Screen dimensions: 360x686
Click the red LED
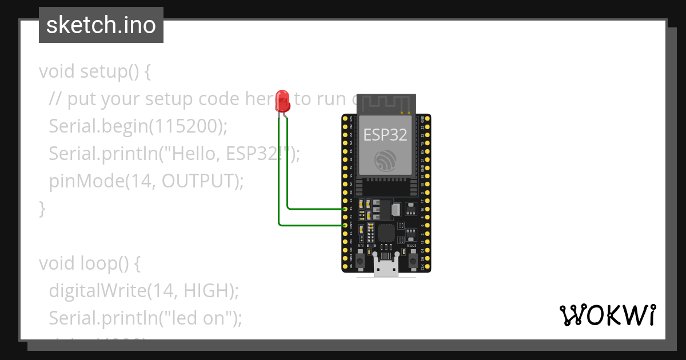282,101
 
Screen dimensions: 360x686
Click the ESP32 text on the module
385,135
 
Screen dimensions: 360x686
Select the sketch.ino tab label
101,25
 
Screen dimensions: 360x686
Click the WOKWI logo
607,315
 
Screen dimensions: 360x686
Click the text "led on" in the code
197,318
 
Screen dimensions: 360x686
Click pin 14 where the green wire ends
345,209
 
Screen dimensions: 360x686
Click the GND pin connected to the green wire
345,226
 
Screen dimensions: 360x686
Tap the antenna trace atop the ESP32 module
386,103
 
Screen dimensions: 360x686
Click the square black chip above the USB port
386,233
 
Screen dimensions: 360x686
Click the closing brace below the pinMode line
42,209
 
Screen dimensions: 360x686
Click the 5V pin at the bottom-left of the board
345,266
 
